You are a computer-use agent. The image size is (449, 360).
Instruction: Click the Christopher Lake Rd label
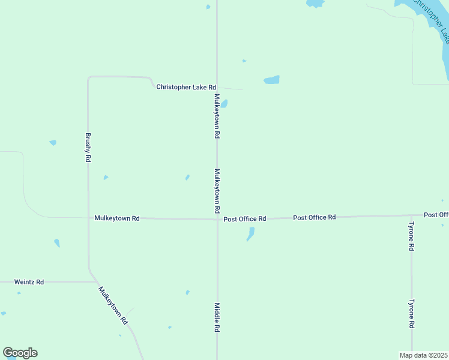[x=185, y=87]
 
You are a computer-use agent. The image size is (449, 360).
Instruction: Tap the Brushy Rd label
[x=88, y=148]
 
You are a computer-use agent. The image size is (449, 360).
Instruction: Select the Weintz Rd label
[x=29, y=281]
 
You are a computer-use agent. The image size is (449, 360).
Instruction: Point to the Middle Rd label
[x=217, y=317]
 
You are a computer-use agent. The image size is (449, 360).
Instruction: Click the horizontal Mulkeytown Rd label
[x=117, y=218]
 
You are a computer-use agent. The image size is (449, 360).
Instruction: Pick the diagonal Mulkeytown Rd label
[x=114, y=305]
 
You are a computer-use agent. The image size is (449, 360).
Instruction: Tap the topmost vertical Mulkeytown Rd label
[x=217, y=116]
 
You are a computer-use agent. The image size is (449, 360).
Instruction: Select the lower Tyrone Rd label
[x=411, y=314]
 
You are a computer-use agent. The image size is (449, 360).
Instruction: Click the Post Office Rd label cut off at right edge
[x=436, y=214]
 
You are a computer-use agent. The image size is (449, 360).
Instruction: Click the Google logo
[x=20, y=353]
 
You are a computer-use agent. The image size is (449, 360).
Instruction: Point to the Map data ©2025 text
[x=423, y=355]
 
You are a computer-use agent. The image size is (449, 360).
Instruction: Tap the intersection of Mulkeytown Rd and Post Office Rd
[x=217, y=219]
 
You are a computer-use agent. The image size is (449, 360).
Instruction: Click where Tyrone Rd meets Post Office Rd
[x=411, y=215]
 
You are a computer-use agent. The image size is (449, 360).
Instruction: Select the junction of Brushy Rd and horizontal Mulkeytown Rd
[x=88, y=218]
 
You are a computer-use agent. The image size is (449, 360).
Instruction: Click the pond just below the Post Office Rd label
[x=250, y=234]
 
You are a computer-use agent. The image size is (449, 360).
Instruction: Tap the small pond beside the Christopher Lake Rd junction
[x=224, y=104]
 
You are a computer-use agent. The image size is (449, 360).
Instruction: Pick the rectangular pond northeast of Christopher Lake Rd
[x=271, y=80]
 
